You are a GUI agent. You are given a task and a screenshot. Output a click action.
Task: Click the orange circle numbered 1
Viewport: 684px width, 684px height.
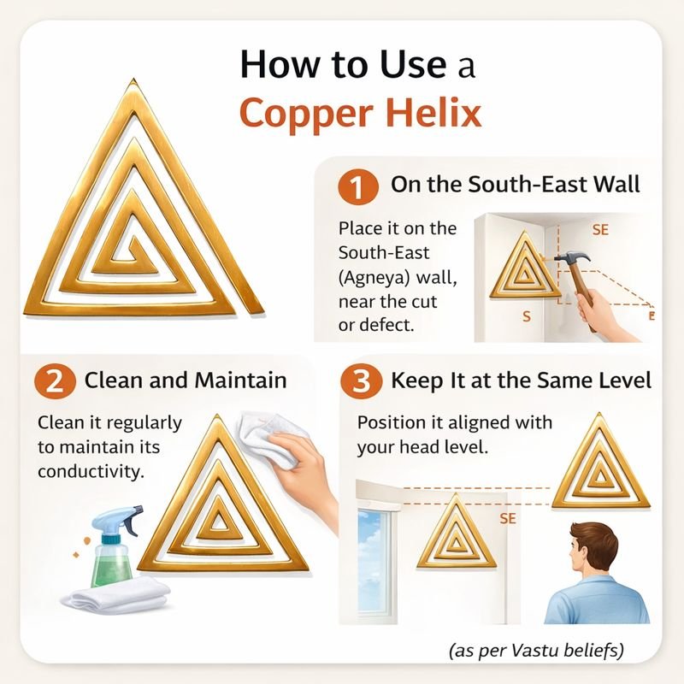357,186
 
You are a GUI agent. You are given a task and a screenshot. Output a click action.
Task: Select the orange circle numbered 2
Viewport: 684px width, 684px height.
56,381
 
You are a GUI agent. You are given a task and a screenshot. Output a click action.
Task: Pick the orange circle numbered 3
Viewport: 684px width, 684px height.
361,381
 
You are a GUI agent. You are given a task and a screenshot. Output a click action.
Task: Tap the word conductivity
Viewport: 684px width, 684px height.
91,471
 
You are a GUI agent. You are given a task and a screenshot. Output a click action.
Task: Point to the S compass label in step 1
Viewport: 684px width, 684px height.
527,316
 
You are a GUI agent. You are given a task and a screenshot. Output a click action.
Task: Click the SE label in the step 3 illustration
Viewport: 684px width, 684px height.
508,518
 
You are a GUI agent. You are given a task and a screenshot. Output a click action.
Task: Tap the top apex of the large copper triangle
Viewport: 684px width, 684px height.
133,80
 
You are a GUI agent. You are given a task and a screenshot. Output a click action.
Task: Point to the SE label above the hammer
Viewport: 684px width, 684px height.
600,230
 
